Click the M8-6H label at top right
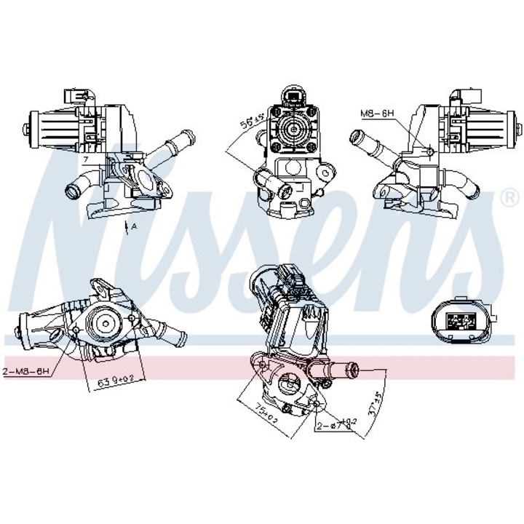[x=378, y=114]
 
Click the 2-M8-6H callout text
[x=26, y=370]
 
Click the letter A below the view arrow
[x=134, y=228]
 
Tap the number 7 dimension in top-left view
[x=85, y=158]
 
